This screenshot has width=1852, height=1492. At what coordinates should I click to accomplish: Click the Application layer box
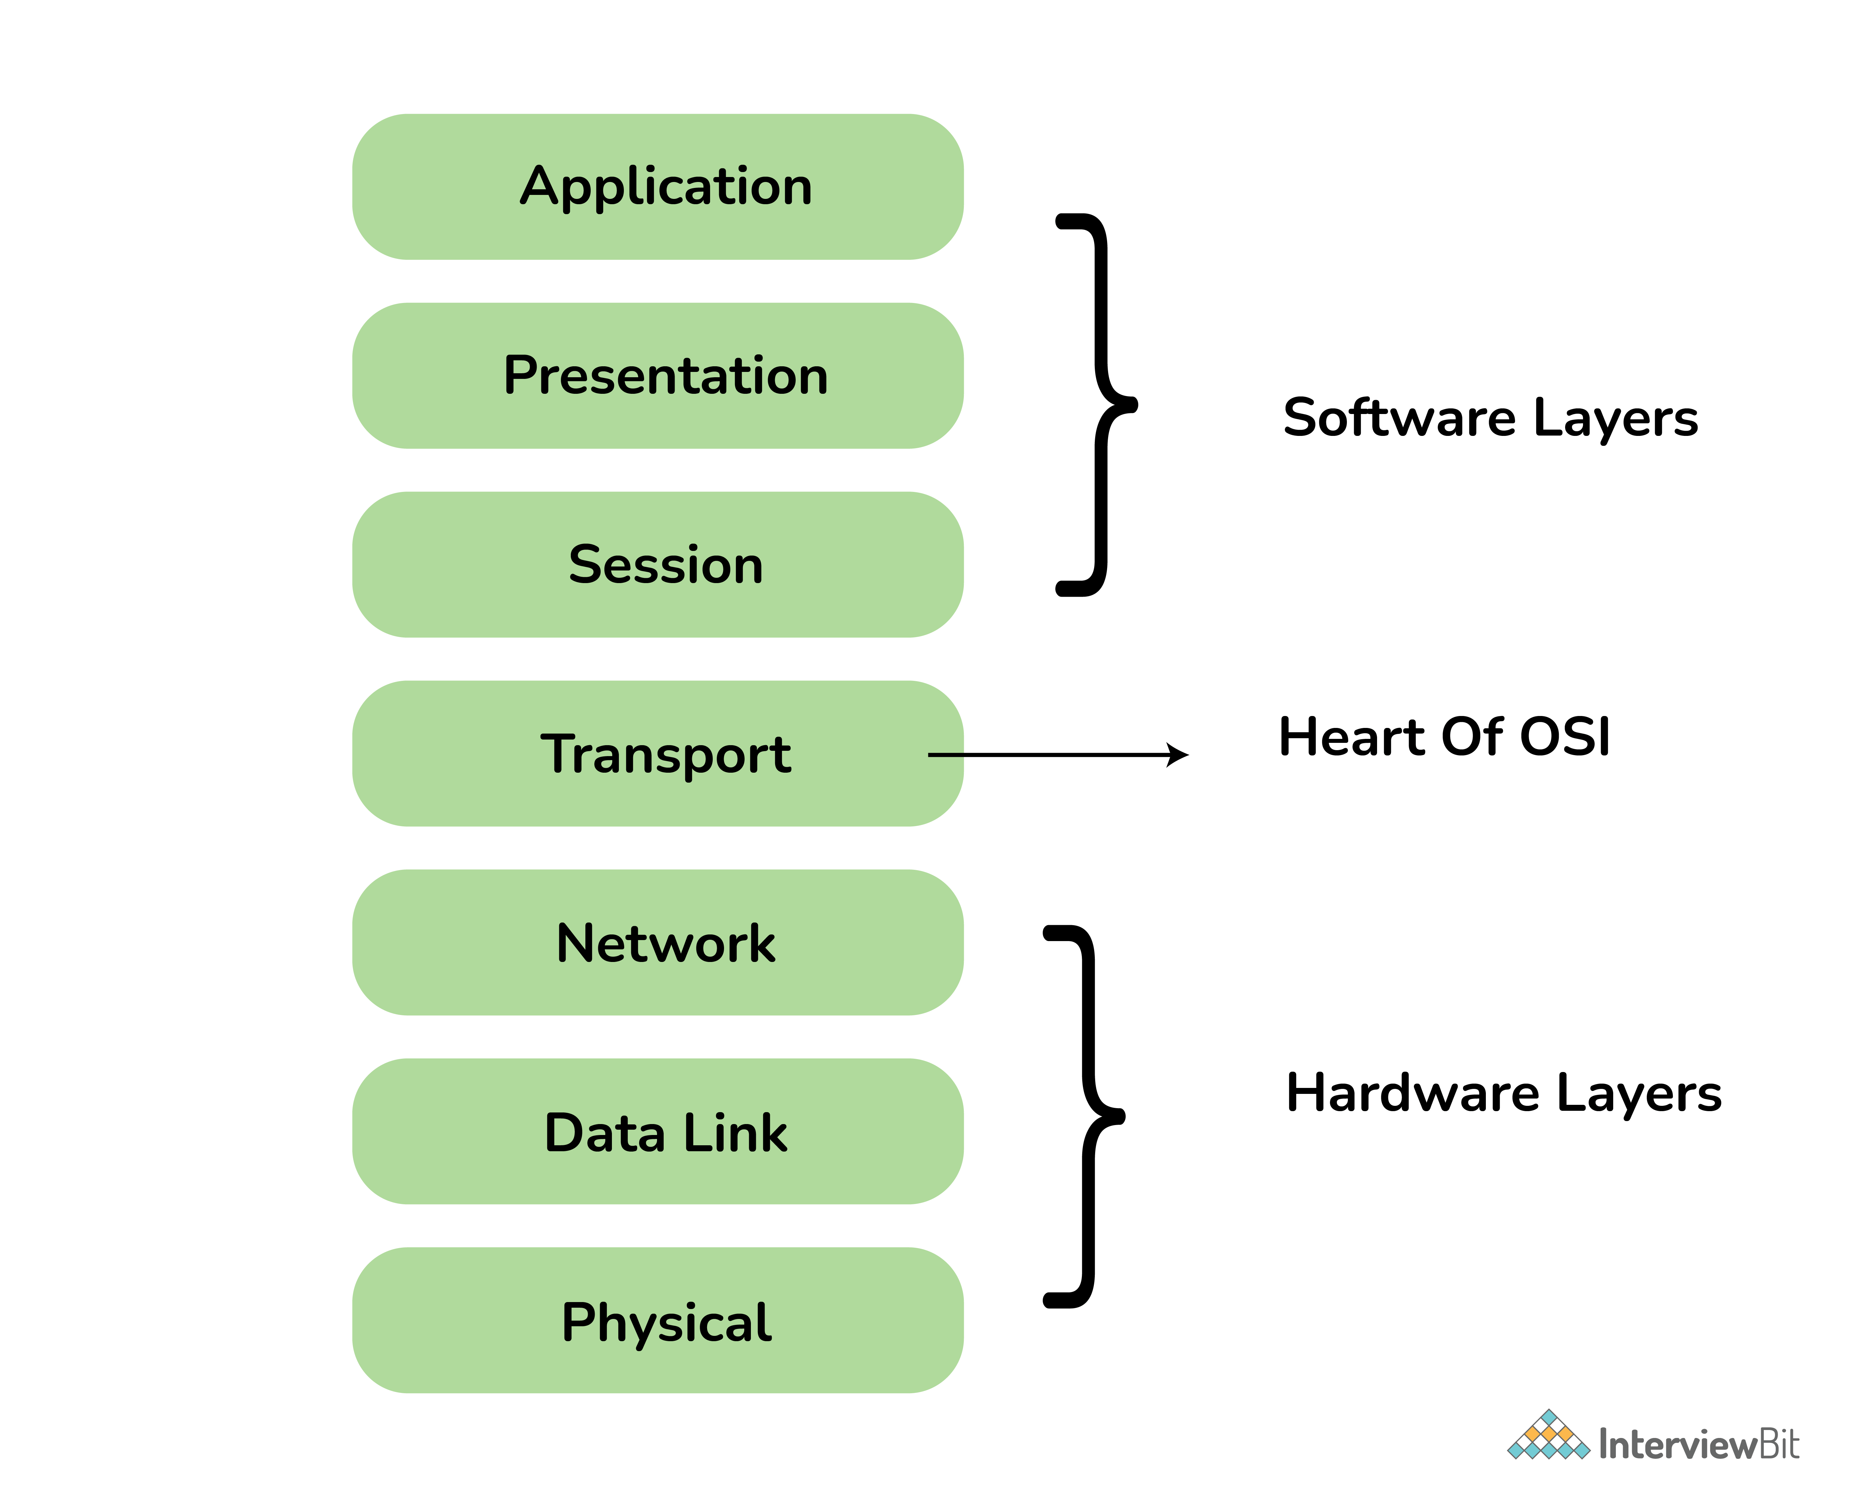[x=658, y=187]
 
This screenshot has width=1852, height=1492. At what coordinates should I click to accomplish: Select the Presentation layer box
[x=658, y=376]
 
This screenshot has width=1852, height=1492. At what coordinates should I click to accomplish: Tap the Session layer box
[x=658, y=565]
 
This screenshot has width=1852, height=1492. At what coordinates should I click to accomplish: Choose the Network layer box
[x=658, y=943]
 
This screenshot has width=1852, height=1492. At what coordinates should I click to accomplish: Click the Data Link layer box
[x=658, y=1132]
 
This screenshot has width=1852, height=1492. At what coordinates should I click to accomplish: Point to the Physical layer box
[x=658, y=1321]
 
